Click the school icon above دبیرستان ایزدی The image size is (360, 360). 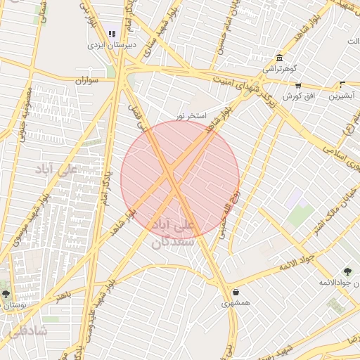[x=111, y=33]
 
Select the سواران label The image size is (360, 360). [x=89, y=80]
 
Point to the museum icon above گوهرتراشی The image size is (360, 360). [x=280, y=58]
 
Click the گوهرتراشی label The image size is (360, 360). [x=279, y=69]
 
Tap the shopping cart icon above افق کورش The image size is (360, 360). [x=298, y=85]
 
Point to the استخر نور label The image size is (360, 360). [x=192, y=114]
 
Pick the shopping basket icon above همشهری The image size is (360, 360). [x=235, y=292]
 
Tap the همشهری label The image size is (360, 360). [x=235, y=303]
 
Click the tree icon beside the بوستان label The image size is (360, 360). [x=6, y=294]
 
